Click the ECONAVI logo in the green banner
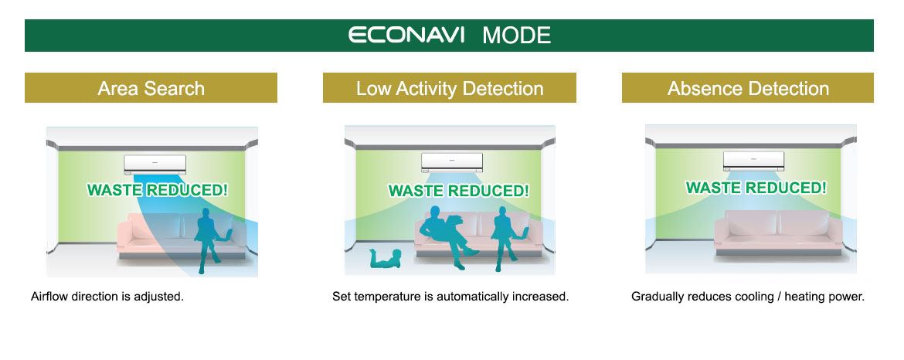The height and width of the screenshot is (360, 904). point(406,35)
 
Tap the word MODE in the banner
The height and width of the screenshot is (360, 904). point(517,36)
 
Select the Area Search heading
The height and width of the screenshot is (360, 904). point(151,88)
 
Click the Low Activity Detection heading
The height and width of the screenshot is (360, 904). point(450,88)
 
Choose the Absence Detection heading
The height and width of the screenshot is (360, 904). point(748,88)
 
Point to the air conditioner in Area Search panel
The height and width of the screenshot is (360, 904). point(155,164)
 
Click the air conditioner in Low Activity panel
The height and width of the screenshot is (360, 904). point(452,162)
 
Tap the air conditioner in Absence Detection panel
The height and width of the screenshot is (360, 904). point(754,161)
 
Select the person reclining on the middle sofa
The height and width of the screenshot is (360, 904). point(449,236)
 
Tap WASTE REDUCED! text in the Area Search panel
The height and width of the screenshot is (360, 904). point(158,189)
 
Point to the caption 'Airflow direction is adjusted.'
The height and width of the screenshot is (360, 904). point(107,297)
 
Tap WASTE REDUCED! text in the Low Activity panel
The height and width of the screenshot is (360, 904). point(459,190)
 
